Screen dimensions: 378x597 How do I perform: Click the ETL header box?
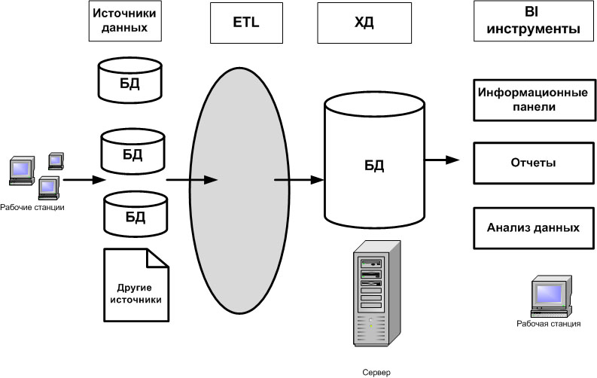[245, 23]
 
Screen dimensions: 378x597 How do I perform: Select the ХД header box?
[363, 23]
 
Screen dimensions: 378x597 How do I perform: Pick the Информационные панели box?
[533, 99]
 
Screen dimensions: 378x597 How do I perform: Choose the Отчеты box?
[533, 163]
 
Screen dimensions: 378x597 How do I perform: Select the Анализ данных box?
[533, 227]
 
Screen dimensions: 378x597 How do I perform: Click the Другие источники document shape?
[135, 288]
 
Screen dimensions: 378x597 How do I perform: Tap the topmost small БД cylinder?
[131, 80]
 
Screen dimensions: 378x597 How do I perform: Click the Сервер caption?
[376, 371]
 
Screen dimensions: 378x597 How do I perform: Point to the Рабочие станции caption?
[32, 207]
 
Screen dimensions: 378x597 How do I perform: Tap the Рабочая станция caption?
[548, 325]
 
